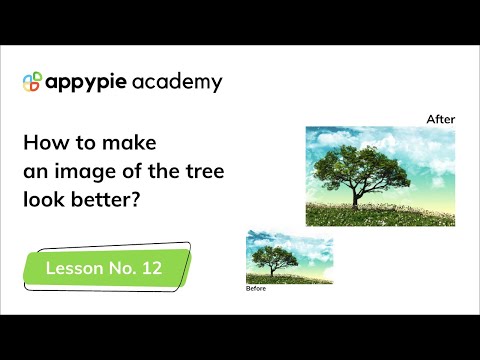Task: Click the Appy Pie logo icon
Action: pos(32,82)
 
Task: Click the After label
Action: pos(441,119)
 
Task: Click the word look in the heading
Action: pos(42,200)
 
